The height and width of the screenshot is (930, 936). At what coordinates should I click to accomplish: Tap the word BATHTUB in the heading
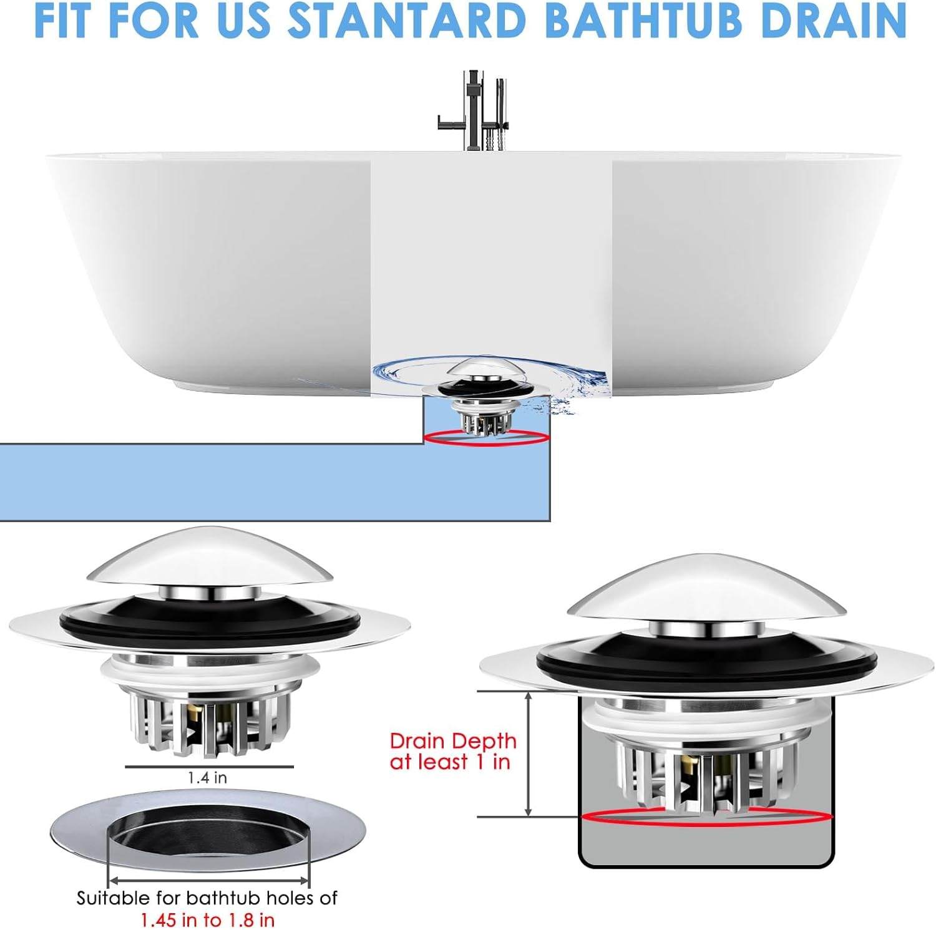643,21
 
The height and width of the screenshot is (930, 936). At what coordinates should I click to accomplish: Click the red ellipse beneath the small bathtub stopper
487,438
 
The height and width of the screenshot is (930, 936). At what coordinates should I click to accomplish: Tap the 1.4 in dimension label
207,778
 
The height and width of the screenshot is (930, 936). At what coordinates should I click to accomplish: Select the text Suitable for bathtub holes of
207,898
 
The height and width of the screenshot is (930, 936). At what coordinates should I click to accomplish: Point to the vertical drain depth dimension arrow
528,753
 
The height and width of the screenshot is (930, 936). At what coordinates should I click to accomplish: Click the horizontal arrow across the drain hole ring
208,881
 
